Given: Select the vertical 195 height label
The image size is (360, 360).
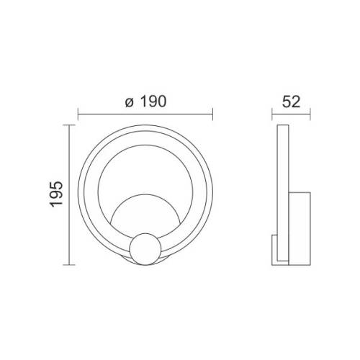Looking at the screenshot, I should pos(57,194).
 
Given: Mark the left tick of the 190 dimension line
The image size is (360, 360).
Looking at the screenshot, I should pos(78,113).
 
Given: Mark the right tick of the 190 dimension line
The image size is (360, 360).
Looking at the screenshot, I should pos(212,113).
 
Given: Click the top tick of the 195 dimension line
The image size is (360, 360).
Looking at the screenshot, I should pos(69,125).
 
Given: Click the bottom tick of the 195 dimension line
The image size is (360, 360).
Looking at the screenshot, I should pos(69,265).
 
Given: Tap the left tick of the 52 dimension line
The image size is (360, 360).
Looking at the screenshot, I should pos(271,113).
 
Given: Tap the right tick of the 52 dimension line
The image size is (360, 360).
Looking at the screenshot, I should pos(310,113).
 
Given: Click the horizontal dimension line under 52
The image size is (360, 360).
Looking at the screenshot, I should pos(290,113).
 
